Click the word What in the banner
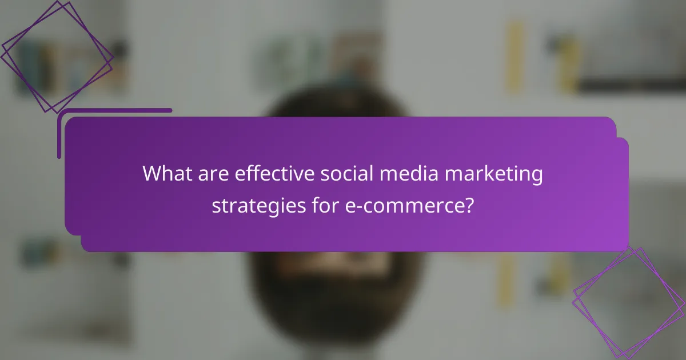166,173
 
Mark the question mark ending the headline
468,203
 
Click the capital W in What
153,173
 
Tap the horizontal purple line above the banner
114,110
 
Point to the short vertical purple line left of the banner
59,134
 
